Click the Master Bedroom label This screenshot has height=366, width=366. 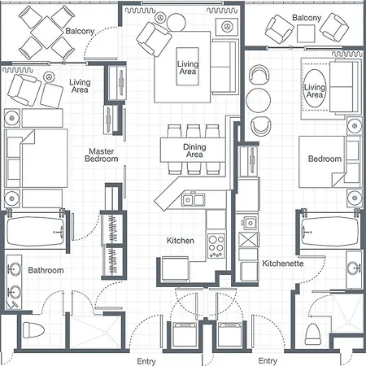pos(102,155)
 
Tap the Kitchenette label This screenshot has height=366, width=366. pos(283,264)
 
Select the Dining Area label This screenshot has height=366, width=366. pos(194,150)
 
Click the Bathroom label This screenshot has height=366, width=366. pos(46,270)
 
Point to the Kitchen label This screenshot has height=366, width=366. pos(181,241)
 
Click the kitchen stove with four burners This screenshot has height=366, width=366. pos(216,246)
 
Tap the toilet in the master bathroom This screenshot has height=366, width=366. pos(33,329)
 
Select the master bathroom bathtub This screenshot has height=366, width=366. pos(36,231)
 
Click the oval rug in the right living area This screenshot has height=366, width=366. pos(315,89)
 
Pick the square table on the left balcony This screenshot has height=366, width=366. pos(46,32)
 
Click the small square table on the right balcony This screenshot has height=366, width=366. pos(306,33)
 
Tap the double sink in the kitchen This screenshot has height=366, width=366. pos(194,200)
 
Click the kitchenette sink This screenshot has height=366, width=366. pos(250,223)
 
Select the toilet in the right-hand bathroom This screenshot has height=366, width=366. pos(313,334)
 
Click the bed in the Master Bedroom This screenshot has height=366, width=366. pos(36,158)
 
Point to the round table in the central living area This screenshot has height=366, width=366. pos(176,22)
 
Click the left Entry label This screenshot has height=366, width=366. pos(146,361)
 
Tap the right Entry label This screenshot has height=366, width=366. pos(268,361)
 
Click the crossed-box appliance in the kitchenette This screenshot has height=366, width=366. pos(249,240)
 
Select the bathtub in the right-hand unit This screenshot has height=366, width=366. pos(329,231)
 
